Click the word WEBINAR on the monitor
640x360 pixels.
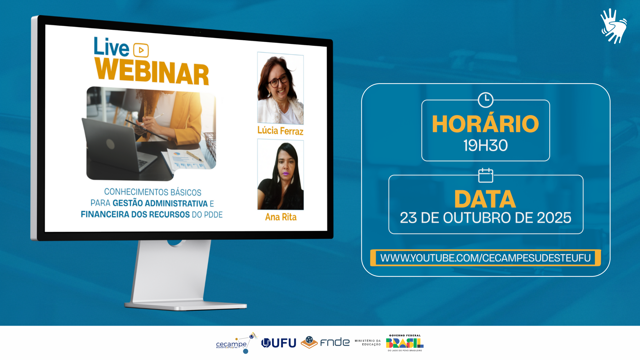[x=152, y=71]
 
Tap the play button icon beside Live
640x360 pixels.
[x=141, y=50]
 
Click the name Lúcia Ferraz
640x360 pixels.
[x=280, y=131]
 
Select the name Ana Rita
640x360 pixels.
[x=281, y=217]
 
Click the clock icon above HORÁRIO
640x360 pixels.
[x=486, y=100]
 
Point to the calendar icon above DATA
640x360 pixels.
[x=486, y=175]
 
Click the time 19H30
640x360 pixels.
[x=486, y=145]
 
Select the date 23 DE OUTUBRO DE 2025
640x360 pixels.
[x=486, y=218]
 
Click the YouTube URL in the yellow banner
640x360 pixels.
[x=485, y=258]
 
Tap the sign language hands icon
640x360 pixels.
[x=614, y=26]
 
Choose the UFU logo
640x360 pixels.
[x=279, y=343]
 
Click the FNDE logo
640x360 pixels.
[x=325, y=342]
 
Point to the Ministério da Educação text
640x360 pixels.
[x=368, y=343]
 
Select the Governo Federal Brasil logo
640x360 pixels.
[x=405, y=343]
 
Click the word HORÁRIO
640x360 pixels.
[x=485, y=124]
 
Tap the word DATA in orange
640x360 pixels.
[x=485, y=199]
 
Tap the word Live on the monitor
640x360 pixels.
[x=111, y=47]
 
